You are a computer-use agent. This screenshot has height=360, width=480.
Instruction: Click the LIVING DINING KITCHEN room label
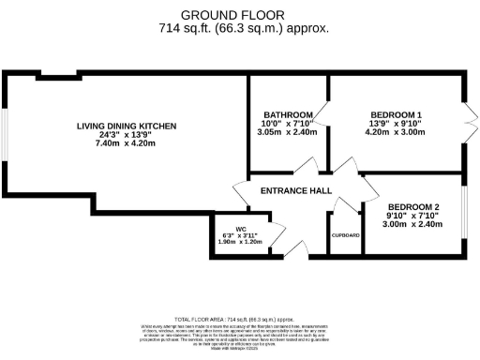pos(127,126)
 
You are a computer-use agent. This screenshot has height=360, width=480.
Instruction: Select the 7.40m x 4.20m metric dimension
pos(127,146)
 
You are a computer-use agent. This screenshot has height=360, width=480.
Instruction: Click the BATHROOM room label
pos(287,115)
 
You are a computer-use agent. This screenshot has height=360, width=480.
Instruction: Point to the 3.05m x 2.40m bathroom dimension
pos(289,133)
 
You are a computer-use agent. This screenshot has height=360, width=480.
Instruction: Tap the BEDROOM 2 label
pos(414,205)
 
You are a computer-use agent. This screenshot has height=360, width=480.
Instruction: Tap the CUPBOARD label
pos(345,236)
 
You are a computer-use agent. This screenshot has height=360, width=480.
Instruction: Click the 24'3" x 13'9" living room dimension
pos(127,136)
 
